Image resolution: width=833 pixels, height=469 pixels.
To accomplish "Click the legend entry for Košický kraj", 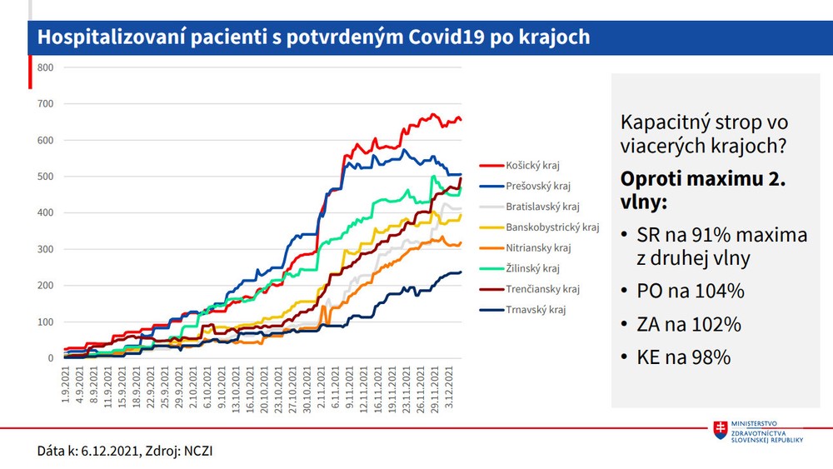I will pyautogui.click(x=533, y=165).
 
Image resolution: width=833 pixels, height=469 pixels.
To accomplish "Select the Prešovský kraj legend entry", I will pyautogui.click(x=536, y=186).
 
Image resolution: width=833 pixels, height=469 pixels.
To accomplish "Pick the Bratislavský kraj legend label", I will pyautogui.click(x=541, y=206).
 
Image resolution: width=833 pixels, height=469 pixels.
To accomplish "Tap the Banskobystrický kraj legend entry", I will pyautogui.click(x=551, y=227).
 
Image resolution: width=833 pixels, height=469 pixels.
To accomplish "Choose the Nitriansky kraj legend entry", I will pyautogui.click(x=538, y=247).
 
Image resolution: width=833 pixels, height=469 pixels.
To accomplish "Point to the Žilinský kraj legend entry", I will pyautogui.click(x=532, y=268).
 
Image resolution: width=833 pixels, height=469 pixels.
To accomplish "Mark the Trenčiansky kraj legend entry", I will pyautogui.click(x=541, y=289).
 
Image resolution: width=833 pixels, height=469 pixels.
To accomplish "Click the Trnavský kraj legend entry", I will pyautogui.click(x=536, y=310).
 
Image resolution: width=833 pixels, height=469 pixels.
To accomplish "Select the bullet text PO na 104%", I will pyautogui.click(x=693, y=291).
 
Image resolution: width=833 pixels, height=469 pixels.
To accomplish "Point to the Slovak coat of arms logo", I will pyautogui.click(x=721, y=431).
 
